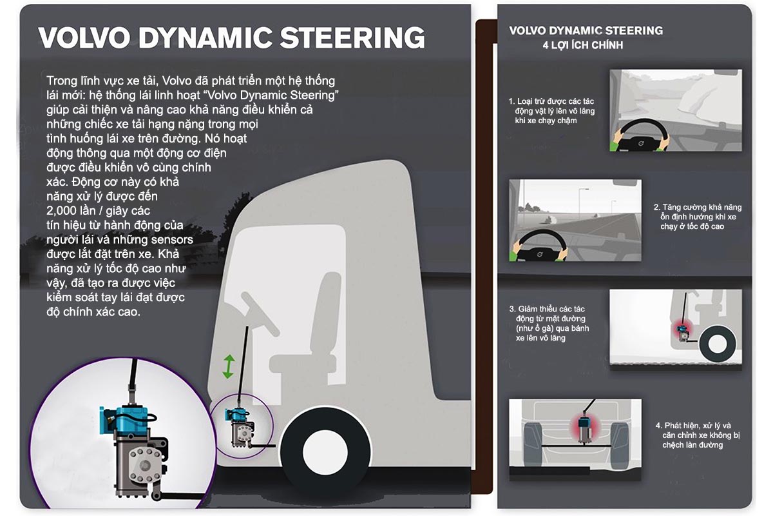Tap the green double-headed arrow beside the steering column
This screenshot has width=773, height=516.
pyautogui.click(x=227, y=366)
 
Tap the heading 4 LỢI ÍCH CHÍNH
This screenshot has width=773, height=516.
pyautogui.click(x=582, y=46)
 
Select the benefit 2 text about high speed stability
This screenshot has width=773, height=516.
pyautogui.click(x=697, y=217)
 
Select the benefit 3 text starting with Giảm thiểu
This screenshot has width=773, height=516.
pyautogui.click(x=548, y=324)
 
